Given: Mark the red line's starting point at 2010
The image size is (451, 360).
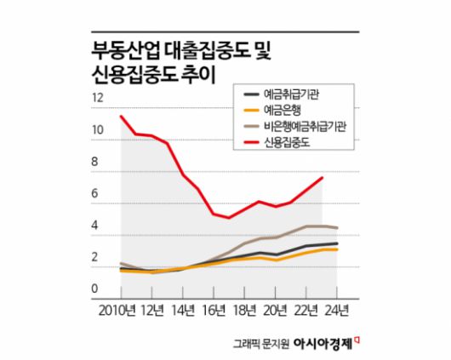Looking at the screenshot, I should pos(121,116).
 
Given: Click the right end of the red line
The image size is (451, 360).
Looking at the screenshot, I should pos(323,178).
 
